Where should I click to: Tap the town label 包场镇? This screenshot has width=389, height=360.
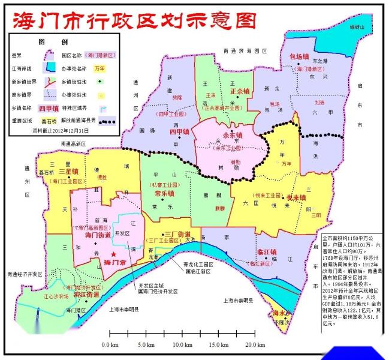299,56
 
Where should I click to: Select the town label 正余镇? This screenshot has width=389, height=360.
240,91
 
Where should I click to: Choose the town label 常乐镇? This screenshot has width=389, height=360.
164,194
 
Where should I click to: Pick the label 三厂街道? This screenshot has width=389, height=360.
177,233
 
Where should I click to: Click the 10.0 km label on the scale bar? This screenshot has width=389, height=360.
181,344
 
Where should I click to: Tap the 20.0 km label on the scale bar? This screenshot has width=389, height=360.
255,344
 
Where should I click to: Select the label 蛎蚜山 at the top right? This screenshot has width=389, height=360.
357,27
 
